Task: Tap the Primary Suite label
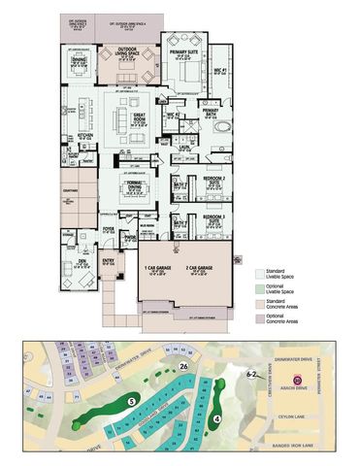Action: pos(180,52)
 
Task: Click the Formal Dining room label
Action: pos(133,188)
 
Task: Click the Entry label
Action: pos(108,260)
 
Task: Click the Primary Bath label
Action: pos(211,112)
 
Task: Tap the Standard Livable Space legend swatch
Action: pos(257,273)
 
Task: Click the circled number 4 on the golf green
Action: pos(217,418)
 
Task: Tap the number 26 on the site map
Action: pos(183,366)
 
